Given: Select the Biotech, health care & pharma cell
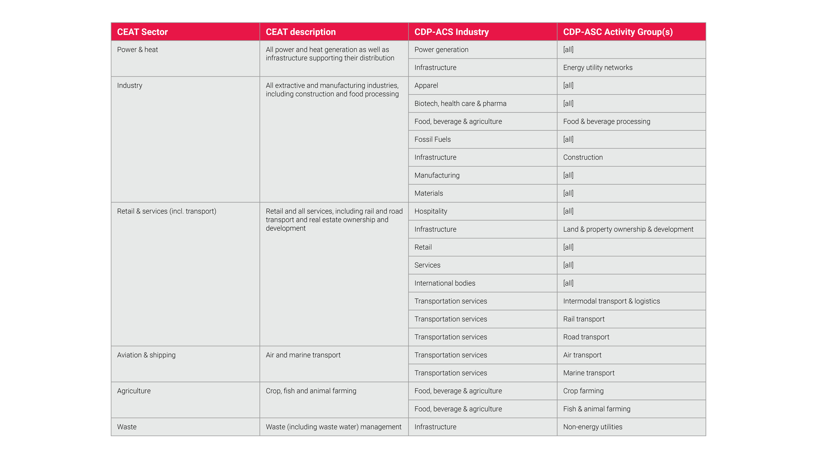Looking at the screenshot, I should click(x=460, y=104).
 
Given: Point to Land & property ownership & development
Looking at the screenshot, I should click(x=628, y=229).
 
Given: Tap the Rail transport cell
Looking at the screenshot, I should click(x=584, y=319).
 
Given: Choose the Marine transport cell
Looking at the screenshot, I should click(x=589, y=373).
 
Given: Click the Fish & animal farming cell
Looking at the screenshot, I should click(x=597, y=409).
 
